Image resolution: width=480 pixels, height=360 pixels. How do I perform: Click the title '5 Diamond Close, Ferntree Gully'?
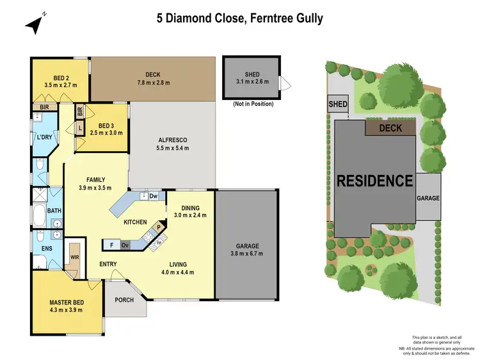tap(240, 18)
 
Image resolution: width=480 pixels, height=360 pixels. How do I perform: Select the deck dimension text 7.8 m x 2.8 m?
tap(152, 83)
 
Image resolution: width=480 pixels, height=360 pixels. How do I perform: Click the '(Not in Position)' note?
tap(253, 103)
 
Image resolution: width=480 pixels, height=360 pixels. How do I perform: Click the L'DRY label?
tap(44, 138)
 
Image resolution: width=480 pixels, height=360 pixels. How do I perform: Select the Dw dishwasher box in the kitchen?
tap(153, 197)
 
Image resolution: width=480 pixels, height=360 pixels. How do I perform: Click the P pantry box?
tap(158, 226)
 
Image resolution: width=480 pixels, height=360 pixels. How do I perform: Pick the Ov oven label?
tap(125, 245)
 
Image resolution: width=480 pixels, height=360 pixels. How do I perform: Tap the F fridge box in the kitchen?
tap(111, 245)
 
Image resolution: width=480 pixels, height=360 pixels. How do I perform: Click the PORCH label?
tap(124, 300)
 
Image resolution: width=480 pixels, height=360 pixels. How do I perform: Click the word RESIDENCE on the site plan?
tap(374, 181)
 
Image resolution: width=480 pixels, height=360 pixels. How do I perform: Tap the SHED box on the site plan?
tap(337, 104)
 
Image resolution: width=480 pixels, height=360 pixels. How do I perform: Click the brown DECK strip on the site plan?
tap(390, 127)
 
